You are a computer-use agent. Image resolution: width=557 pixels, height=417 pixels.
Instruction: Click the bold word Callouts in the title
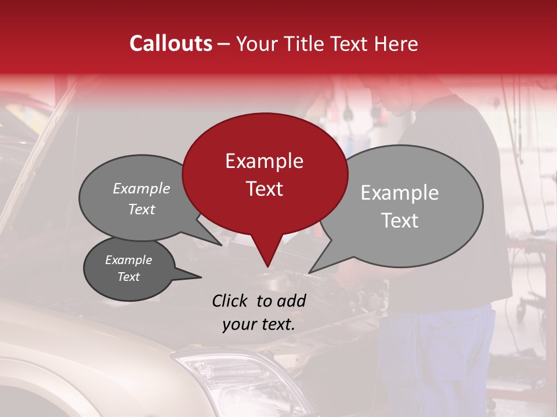(171, 43)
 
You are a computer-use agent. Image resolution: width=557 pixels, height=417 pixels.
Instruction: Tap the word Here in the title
(397, 43)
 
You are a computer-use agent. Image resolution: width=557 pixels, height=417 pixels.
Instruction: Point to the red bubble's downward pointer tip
(267, 267)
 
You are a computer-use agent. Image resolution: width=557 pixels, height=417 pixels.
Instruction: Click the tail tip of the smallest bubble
(201, 277)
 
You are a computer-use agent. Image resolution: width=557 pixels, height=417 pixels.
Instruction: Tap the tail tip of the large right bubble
(309, 272)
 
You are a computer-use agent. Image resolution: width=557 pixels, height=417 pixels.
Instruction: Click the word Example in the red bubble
(264, 161)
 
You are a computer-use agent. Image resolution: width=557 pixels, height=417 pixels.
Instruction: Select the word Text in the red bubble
(264, 189)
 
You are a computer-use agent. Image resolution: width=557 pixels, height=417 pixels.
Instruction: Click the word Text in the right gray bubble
(400, 221)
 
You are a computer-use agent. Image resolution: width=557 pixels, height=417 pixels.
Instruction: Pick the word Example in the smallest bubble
(128, 260)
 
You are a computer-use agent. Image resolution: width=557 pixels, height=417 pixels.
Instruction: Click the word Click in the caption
(230, 301)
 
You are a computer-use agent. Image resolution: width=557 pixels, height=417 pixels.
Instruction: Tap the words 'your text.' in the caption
(259, 324)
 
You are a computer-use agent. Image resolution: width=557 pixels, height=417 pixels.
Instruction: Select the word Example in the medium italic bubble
(141, 188)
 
